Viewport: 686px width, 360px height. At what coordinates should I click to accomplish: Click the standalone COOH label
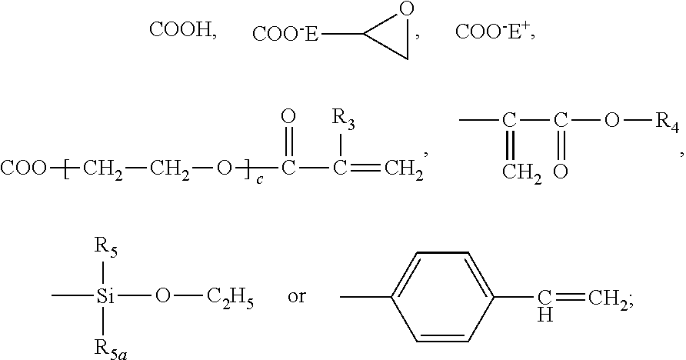click(x=181, y=32)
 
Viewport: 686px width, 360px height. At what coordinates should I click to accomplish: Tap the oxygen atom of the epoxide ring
click(x=408, y=9)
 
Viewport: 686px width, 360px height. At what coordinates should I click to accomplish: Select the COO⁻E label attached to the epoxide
click(x=285, y=33)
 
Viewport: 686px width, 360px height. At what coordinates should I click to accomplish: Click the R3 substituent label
click(x=342, y=118)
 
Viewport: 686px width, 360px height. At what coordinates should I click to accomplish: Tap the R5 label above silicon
click(x=105, y=248)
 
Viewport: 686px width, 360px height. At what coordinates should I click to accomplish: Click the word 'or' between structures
click(x=296, y=297)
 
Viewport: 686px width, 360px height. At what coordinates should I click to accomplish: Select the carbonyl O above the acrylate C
click(x=288, y=117)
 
